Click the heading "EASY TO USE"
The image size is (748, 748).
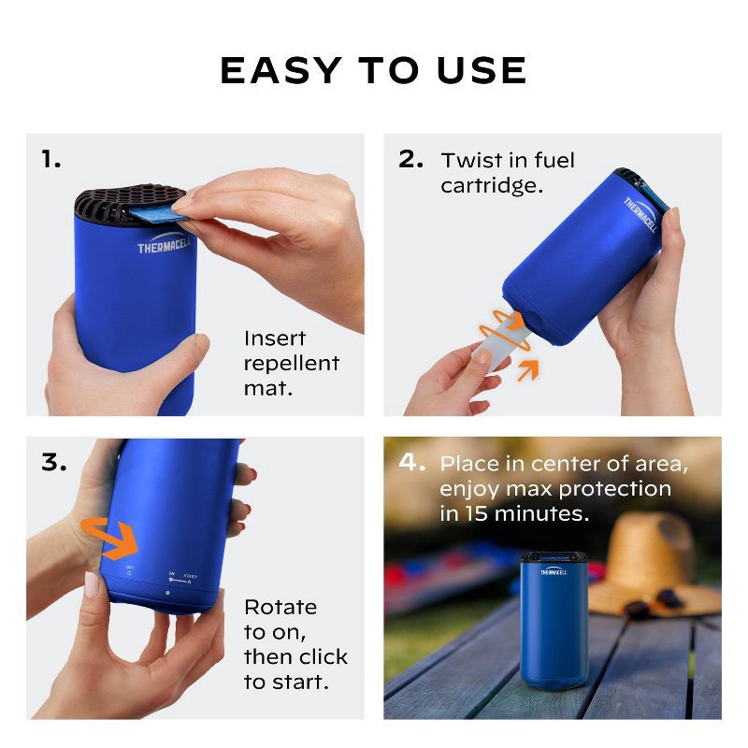374,71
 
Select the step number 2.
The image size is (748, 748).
410,160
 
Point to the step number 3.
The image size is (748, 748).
53,463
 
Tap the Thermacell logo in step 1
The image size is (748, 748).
165,248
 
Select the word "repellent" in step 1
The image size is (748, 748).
291,363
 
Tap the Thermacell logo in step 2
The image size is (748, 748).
641,217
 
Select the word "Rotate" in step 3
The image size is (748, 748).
280,607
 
